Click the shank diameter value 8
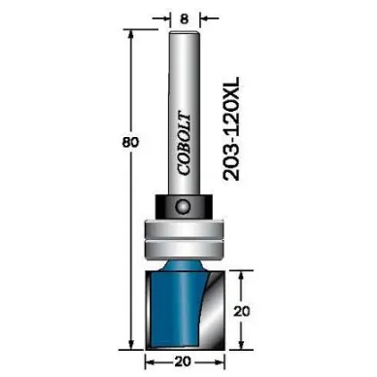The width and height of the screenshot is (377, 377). (184, 19)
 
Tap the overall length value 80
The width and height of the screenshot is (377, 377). (130, 142)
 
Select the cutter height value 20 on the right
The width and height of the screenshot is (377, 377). (242, 311)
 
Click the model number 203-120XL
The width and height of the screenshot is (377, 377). (231, 128)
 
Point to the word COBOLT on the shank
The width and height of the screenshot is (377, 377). (185, 144)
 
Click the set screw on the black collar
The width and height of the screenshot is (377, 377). (184, 206)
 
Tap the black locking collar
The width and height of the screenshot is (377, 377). (184, 206)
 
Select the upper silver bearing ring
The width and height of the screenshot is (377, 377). (184, 229)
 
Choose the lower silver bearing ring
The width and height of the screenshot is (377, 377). (184, 250)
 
